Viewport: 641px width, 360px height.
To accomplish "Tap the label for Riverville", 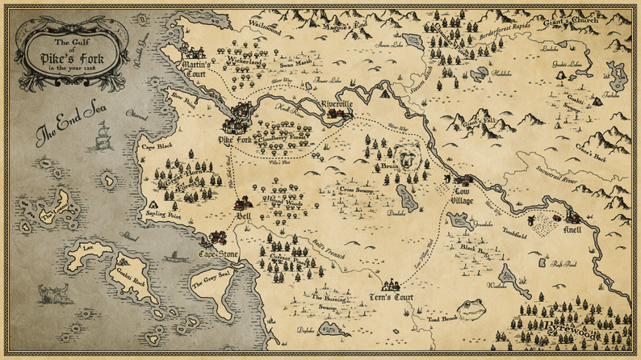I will pyautogui.click(x=335, y=104).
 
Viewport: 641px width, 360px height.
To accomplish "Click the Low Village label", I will pyautogui.click(x=461, y=195).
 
